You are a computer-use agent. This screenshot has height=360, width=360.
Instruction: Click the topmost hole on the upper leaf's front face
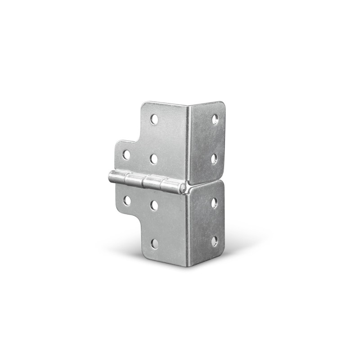(154, 119)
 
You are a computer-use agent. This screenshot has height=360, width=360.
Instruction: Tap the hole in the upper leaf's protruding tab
(126, 155)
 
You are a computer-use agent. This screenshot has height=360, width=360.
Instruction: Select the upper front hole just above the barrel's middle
(153, 158)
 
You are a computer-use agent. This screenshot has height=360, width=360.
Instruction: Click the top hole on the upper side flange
(215, 119)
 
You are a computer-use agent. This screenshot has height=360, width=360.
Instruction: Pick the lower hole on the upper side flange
(214, 158)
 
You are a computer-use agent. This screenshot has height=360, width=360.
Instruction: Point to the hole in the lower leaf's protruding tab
(127, 201)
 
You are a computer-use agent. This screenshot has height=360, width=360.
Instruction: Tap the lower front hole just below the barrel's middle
(154, 205)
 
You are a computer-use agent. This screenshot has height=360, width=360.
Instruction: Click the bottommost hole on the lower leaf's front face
(155, 244)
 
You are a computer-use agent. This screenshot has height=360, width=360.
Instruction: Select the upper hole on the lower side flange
(214, 202)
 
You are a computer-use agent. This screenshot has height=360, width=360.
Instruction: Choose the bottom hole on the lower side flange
(215, 241)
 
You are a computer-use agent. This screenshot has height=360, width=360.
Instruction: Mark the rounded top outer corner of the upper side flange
(222, 104)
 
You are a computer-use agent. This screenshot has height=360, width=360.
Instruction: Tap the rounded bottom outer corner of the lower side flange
(222, 254)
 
